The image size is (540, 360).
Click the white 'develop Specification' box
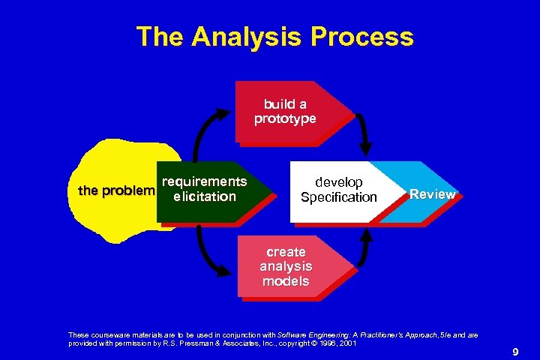[337, 190]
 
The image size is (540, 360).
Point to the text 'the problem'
[116, 190]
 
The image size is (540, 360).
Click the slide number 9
[515, 351]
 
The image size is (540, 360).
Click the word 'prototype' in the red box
[285, 118]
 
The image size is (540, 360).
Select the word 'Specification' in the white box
[338, 197]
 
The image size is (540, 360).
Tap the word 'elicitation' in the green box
[204, 197]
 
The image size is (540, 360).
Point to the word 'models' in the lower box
[286, 281]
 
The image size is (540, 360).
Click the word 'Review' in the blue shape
[433, 194]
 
